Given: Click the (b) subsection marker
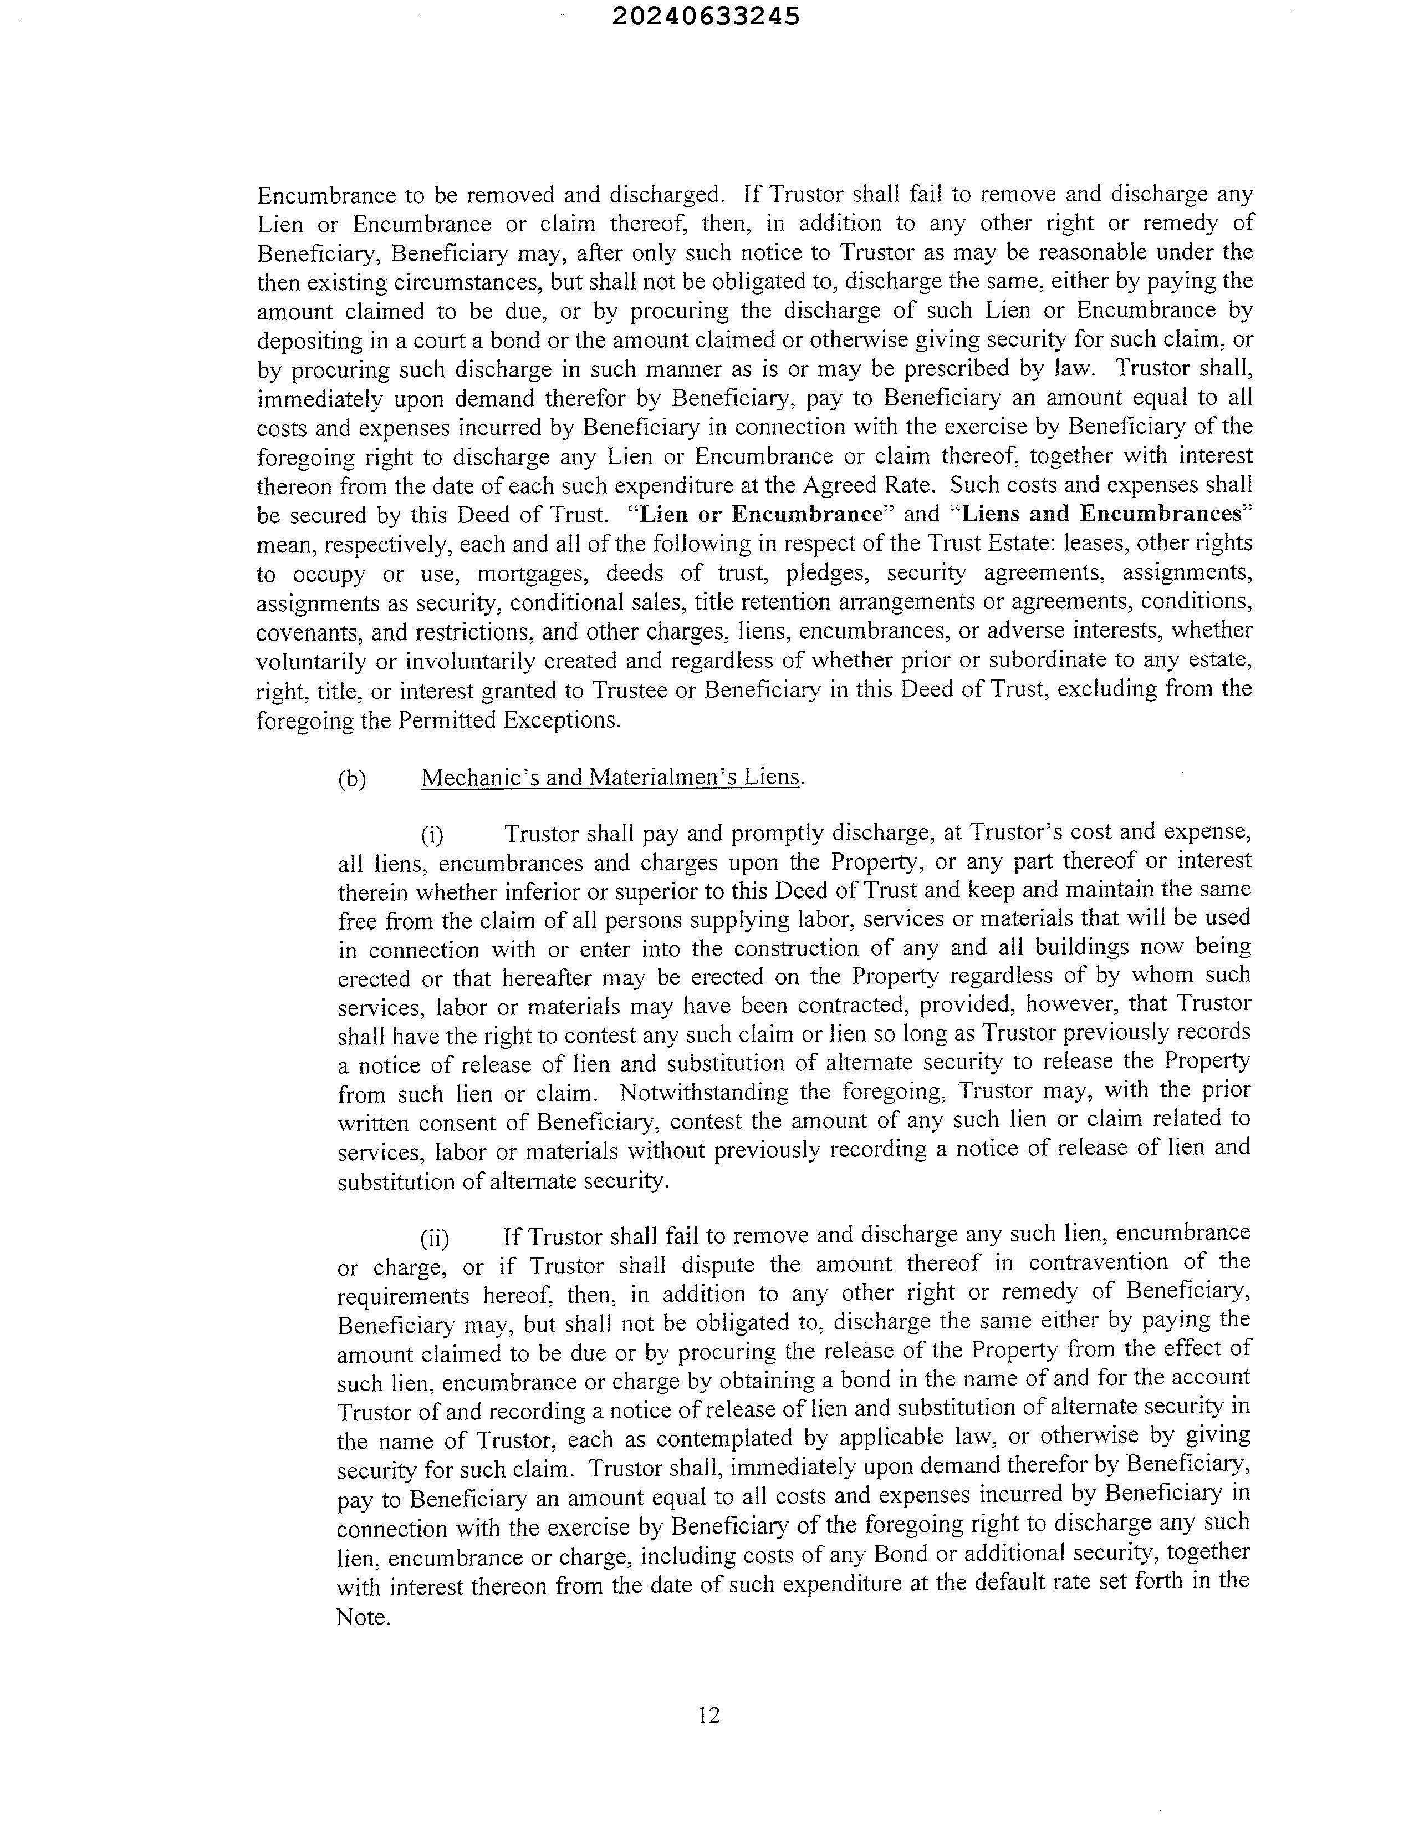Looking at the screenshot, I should [x=352, y=779].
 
